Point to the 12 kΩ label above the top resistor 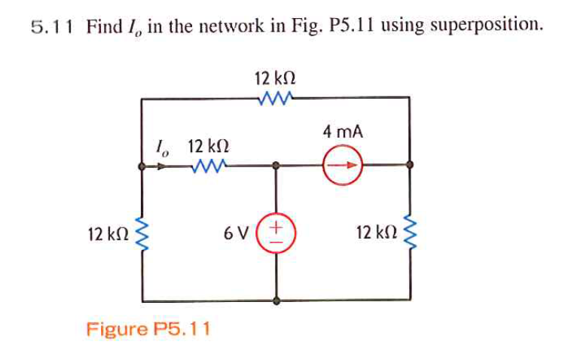tap(275, 78)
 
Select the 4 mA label tap(343, 132)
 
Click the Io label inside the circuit tap(160, 145)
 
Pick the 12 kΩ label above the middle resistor tap(208, 145)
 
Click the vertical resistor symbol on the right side tap(411, 234)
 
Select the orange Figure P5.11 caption tap(148, 329)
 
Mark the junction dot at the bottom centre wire tap(276, 300)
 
